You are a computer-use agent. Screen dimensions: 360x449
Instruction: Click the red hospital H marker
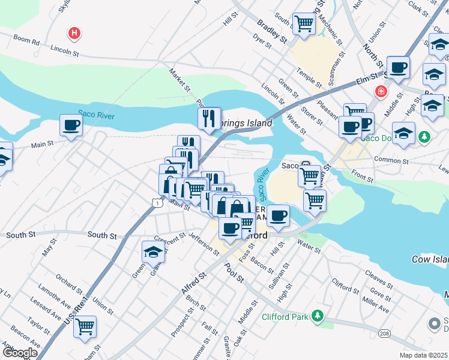pos(74,33)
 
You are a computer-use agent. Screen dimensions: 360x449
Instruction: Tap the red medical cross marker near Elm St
pos(381,92)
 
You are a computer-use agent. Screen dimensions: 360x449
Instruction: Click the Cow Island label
pos(430,259)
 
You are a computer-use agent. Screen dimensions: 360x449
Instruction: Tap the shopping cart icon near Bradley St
pos(304,24)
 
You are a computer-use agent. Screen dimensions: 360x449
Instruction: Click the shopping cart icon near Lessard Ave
pos(86,327)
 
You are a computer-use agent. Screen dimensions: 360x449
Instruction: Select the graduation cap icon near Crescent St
pos(154,252)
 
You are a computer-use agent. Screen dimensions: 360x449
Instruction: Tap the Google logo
pos(19,353)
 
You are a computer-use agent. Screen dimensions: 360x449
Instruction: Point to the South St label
pos(102,236)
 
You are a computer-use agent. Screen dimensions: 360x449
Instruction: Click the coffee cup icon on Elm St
pos(398,67)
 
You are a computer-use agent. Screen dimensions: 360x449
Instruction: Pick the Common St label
pos(391,160)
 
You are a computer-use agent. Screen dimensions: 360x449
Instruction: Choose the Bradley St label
pos(272,32)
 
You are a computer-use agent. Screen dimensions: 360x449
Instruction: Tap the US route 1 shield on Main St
pos(156,203)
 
